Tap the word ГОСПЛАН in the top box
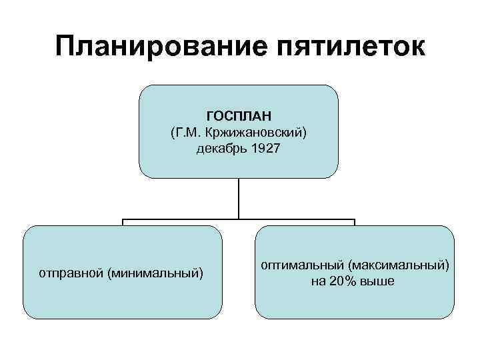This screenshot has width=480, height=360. tap(239, 116)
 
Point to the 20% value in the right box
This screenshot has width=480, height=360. tap(342, 281)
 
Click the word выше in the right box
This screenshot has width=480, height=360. tap(377, 281)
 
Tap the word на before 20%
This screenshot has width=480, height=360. tap(317, 281)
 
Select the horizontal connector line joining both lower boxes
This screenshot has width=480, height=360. tap(180, 219)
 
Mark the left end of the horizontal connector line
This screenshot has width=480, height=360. tap(122, 219)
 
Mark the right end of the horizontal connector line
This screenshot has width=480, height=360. tap(355, 219)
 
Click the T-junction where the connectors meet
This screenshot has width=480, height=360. tap(239, 219)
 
